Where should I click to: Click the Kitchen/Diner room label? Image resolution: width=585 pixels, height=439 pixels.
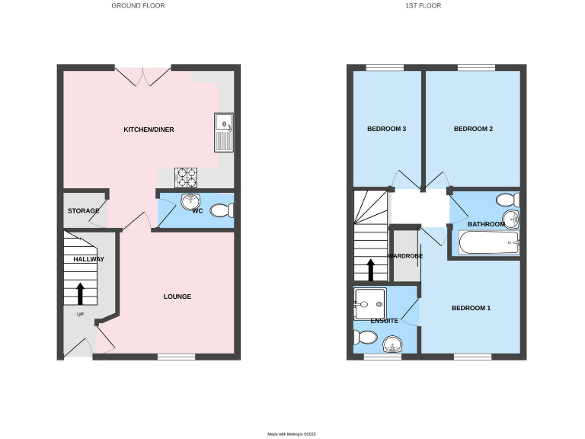(149, 130)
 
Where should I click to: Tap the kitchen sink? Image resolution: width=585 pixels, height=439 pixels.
(224, 133)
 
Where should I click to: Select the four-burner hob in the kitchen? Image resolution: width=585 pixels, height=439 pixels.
(187, 178)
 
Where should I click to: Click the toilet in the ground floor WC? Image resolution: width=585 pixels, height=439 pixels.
(220, 210)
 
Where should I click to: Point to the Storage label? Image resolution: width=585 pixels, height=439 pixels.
(83, 210)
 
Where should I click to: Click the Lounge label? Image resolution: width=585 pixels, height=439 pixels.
(177, 296)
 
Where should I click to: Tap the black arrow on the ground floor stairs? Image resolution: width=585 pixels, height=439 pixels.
(80, 293)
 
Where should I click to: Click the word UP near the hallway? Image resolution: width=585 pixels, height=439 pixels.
(80, 314)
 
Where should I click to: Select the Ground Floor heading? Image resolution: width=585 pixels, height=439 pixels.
(138, 5)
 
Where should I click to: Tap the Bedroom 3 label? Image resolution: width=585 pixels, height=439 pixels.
(386, 129)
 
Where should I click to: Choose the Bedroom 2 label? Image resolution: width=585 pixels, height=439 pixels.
(473, 129)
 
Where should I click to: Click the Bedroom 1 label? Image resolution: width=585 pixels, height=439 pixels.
(471, 308)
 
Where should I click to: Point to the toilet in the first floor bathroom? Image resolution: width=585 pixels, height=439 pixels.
(507, 200)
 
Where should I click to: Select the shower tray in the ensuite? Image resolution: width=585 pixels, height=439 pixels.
(370, 303)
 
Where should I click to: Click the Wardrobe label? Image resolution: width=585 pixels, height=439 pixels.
(404, 256)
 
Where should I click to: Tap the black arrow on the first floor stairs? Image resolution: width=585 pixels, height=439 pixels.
(372, 270)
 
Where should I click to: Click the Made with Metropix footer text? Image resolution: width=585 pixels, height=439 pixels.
(291, 434)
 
